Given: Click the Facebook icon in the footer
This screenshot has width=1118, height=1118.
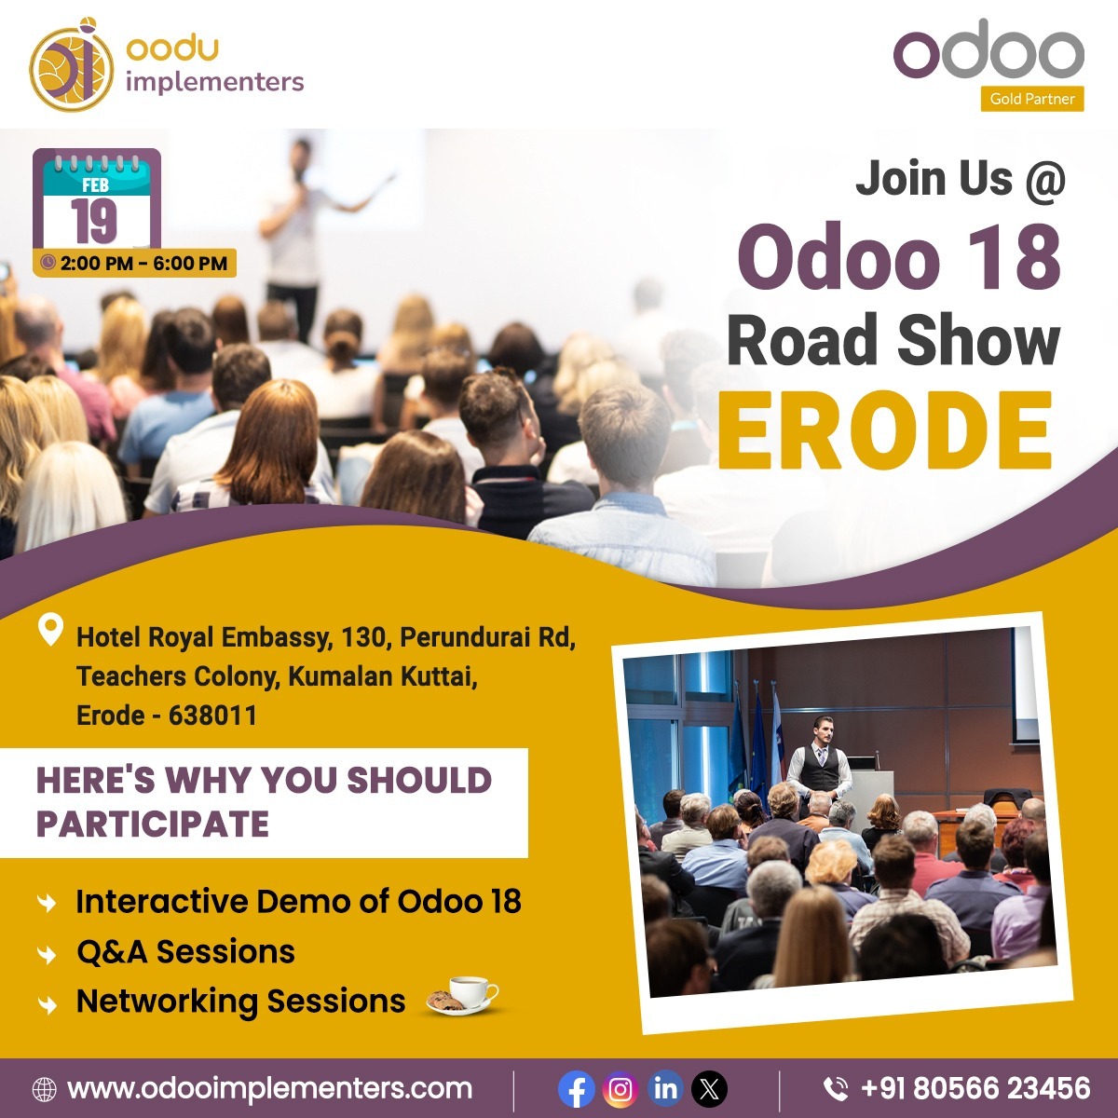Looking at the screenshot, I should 577,1089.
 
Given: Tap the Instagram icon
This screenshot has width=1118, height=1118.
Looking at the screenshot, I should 620,1089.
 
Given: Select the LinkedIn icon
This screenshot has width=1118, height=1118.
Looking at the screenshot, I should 665,1089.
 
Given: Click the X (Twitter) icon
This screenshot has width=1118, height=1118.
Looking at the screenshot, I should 711,1089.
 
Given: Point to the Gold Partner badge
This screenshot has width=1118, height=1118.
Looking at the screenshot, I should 1031,99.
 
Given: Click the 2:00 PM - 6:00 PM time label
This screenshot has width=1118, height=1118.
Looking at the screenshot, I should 135,264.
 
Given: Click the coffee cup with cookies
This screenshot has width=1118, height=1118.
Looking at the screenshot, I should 463,995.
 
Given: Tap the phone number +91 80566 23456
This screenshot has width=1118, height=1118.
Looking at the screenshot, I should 975,1088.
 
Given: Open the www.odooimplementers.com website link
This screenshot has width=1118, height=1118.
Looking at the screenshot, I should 270,1088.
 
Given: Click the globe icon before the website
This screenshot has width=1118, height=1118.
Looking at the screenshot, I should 44,1089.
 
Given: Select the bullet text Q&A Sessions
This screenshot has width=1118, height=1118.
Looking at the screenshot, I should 185,952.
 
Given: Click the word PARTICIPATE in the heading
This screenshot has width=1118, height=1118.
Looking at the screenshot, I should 153,825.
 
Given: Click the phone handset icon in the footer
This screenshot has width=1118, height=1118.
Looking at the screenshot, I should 836,1089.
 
